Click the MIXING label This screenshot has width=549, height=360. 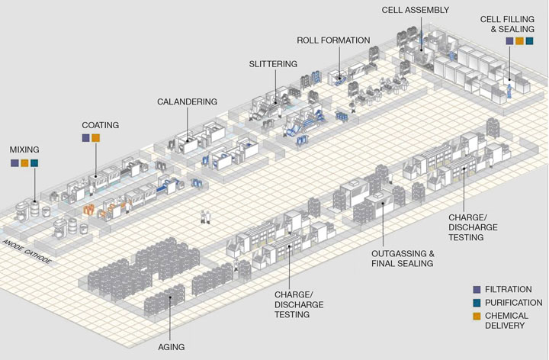tap(24, 149)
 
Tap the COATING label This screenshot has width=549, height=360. tap(101, 124)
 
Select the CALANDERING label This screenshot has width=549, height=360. tap(188, 101)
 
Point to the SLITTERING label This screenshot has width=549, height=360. tap(273, 64)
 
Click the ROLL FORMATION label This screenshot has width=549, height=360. tap(334, 40)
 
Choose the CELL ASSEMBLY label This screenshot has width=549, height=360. tap(416, 10)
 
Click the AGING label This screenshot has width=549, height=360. tap(171, 347)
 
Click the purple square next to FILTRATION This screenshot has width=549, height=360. tap(477, 290)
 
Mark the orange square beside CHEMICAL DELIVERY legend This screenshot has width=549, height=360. tap(477, 315)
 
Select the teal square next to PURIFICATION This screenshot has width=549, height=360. tap(477, 303)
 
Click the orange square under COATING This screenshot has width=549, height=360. tap(96, 138)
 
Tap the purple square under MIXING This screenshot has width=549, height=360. tap(14, 163)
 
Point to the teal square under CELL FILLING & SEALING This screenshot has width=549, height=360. tap(529, 41)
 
